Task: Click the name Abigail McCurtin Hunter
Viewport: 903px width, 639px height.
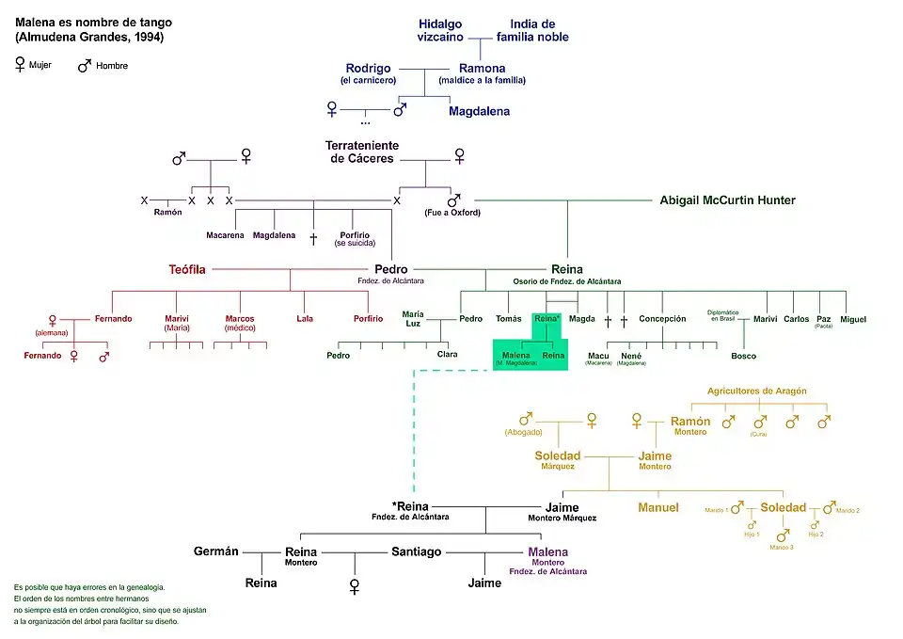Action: [727, 200]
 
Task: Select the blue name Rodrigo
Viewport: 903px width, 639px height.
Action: [368, 69]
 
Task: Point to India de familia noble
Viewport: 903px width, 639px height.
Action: [532, 30]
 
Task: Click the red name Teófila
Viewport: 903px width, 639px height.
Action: [186, 269]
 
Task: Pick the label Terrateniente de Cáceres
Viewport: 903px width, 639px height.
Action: [362, 152]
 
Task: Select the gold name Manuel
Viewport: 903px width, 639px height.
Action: [658, 508]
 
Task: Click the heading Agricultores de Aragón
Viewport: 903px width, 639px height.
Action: [756, 391]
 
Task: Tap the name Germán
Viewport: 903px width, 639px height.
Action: [216, 551]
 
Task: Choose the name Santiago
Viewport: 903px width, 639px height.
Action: [416, 551]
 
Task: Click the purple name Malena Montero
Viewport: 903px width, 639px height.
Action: [548, 552]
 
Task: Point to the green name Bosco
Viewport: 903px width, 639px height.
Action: [743, 356]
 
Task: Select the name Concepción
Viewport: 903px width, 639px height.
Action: [662, 319]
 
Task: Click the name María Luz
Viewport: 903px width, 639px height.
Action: [413, 319]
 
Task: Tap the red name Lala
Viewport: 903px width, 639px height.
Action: [305, 319]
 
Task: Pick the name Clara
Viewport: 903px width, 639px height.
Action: [447, 355]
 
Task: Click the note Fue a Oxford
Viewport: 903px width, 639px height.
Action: [453, 213]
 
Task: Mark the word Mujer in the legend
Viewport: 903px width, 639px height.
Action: [41, 66]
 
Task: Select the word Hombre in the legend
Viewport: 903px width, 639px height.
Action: [112, 66]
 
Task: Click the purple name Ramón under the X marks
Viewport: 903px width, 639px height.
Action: [167, 213]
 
